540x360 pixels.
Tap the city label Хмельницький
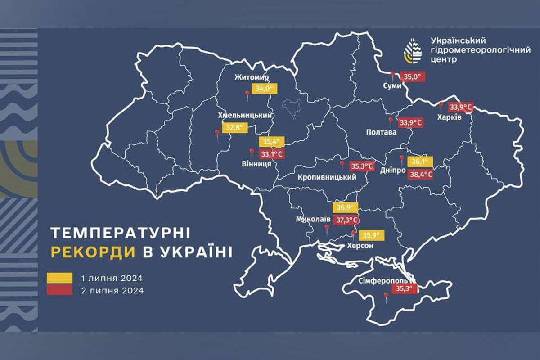246,115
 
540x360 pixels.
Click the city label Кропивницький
327,177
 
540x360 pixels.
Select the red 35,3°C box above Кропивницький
362,166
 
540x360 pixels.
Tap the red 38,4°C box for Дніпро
420,173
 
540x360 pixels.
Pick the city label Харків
449,117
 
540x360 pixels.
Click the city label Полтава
382,133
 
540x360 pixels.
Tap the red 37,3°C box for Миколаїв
348,220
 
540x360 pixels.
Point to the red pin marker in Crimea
386,296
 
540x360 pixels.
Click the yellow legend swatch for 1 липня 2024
59,278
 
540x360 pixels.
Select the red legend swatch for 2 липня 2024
59,290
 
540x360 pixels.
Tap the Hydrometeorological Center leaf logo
413,50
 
